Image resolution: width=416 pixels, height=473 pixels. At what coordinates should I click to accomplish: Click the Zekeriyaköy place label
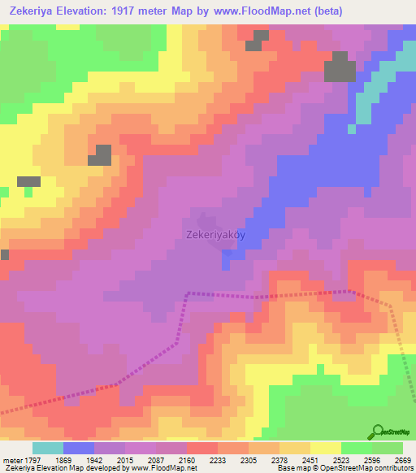click(x=215, y=235)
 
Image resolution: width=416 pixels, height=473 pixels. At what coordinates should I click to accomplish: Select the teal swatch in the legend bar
click(x=47, y=447)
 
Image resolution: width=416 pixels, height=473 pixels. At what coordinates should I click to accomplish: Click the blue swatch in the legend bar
click(x=78, y=447)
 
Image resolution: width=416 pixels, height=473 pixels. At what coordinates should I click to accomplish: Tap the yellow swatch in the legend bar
click(x=325, y=447)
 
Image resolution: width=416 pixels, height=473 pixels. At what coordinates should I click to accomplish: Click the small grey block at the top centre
click(x=259, y=41)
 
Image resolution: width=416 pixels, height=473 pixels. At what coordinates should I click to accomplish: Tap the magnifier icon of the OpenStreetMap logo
click(x=378, y=432)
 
